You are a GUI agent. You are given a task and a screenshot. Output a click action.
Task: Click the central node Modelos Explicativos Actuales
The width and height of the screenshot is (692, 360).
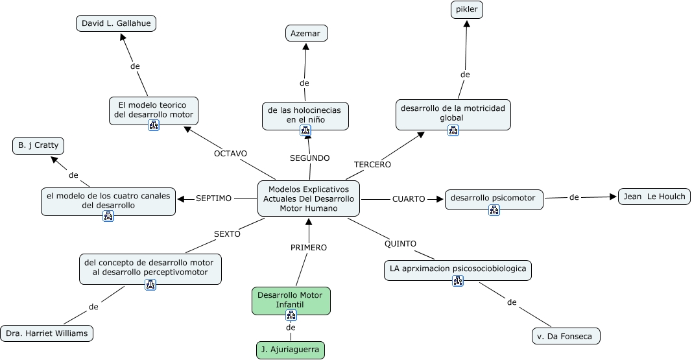(308, 198)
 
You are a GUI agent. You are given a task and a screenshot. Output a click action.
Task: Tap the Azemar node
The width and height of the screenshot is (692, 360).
(306, 32)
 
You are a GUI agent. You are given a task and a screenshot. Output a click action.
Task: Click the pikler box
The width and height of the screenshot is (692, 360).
(467, 10)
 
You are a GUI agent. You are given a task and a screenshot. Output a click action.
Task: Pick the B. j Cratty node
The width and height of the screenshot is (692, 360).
(39, 145)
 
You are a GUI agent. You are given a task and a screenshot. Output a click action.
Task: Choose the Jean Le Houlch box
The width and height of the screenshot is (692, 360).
(654, 197)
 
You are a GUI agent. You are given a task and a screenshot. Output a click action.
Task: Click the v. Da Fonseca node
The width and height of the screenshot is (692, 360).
(566, 336)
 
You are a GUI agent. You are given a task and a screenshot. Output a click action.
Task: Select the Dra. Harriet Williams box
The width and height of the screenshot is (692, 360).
(47, 333)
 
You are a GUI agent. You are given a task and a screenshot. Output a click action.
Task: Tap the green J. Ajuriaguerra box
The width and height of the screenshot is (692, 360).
(290, 350)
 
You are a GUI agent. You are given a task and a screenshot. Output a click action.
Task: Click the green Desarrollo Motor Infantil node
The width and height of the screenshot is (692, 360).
(291, 299)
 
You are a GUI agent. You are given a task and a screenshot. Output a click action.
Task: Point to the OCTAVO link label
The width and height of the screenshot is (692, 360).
(230, 154)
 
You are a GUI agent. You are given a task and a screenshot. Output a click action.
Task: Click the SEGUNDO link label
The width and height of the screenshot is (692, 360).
(309, 158)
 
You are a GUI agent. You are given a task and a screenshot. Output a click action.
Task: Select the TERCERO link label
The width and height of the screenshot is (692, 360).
(372, 165)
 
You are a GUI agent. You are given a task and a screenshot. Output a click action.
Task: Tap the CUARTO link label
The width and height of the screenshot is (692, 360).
(409, 199)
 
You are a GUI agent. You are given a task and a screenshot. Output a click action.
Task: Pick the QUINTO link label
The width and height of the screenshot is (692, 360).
(400, 244)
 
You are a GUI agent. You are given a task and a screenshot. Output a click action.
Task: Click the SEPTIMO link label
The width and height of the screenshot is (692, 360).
(213, 198)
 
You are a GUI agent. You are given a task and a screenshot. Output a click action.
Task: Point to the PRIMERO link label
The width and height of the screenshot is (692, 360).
(308, 247)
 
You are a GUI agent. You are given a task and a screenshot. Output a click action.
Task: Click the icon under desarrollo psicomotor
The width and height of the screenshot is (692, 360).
(494, 210)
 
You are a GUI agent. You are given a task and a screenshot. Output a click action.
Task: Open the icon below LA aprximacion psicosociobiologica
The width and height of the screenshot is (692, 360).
(458, 281)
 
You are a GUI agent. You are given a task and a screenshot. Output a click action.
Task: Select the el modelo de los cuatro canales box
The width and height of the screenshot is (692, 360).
(108, 200)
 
